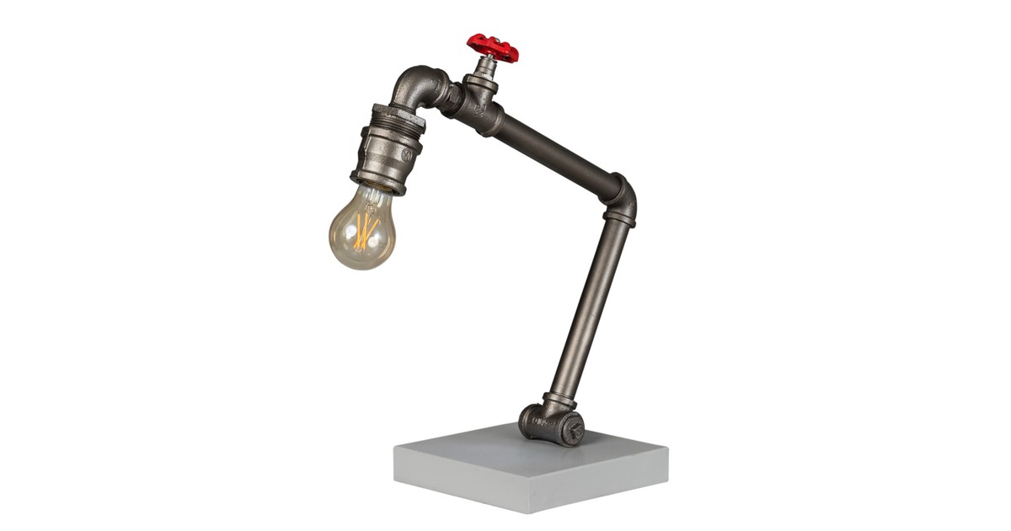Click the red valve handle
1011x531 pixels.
(x=493, y=47)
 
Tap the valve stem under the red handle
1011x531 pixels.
(x=487, y=67)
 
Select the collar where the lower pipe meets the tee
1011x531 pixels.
(x=558, y=400)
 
